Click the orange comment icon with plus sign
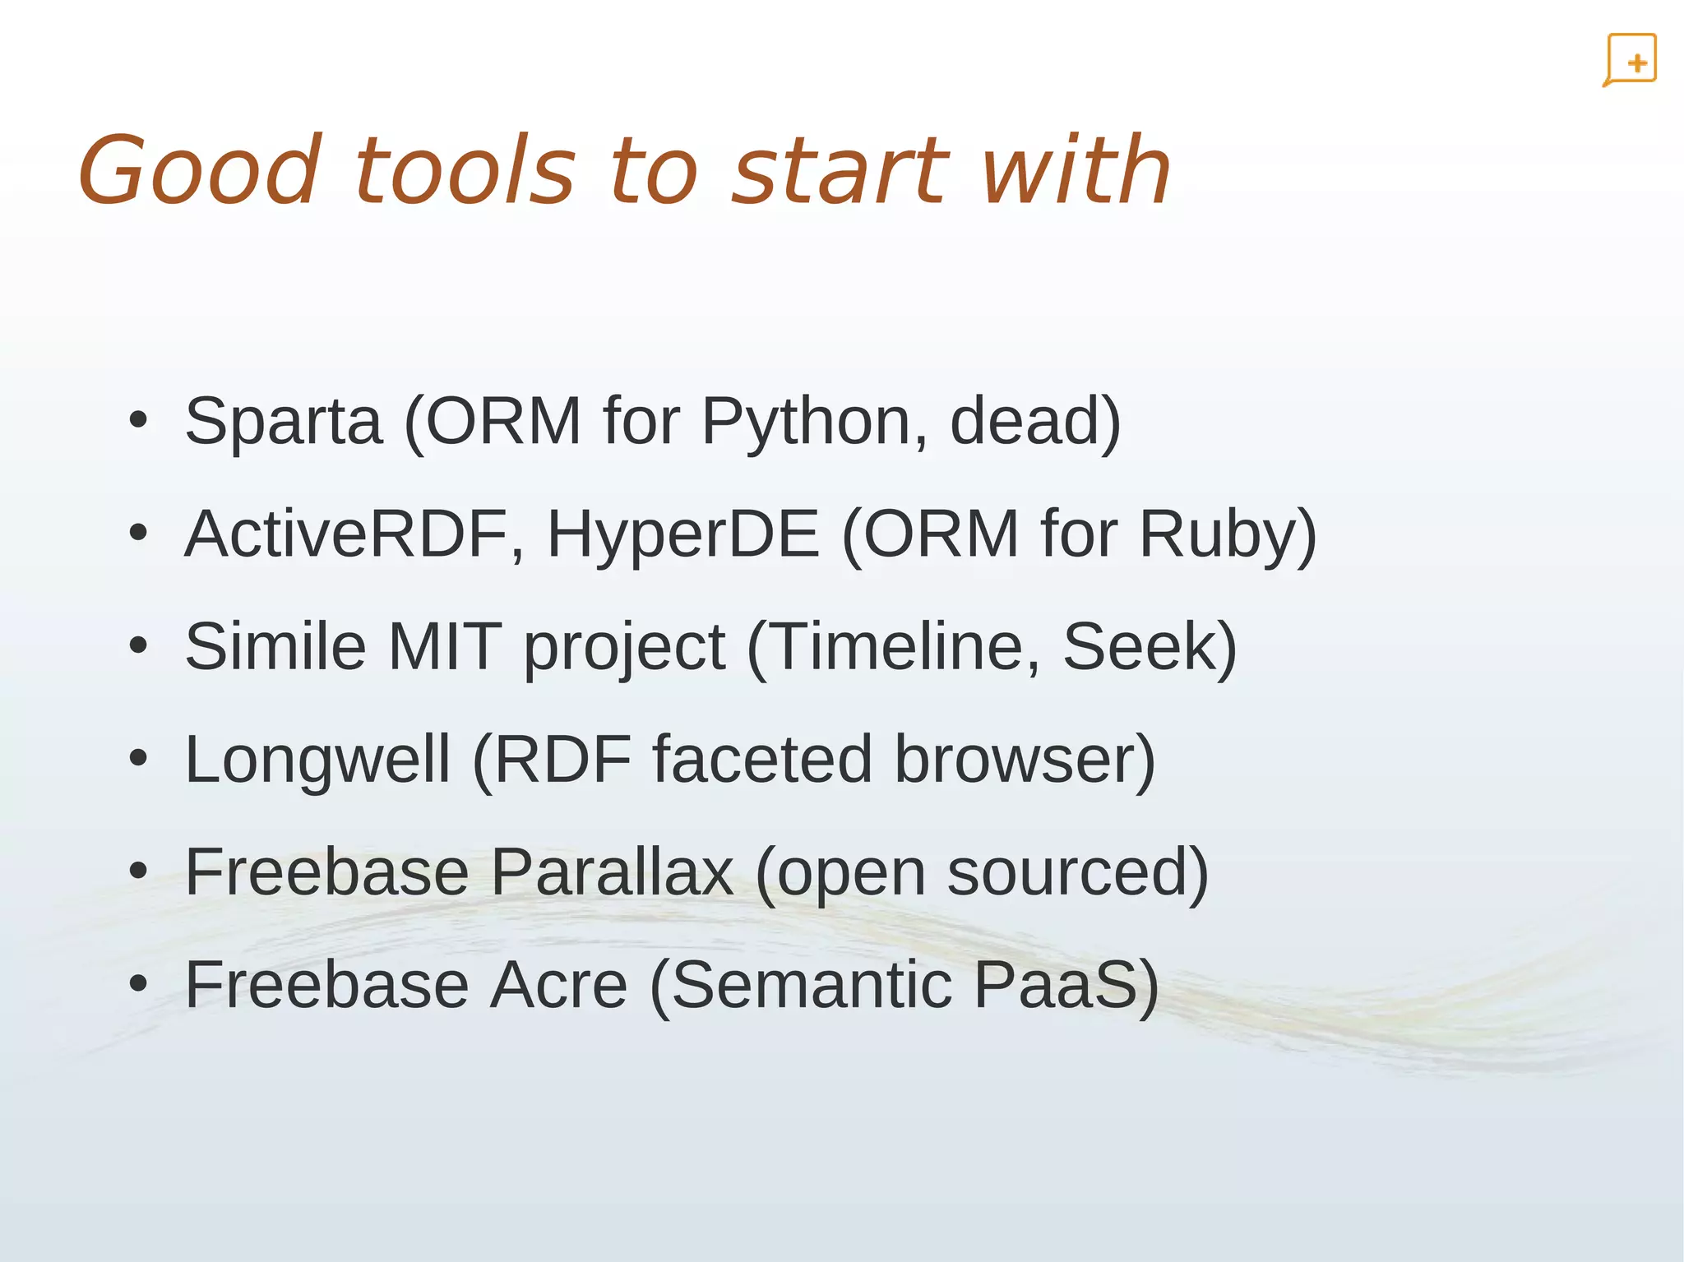tap(1630, 60)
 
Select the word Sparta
tap(284, 422)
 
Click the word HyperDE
tap(682, 534)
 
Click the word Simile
tap(275, 647)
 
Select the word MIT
tap(444, 647)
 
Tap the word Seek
tap(1139, 647)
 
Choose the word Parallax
tap(613, 872)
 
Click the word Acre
tap(559, 985)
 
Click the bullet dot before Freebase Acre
tap(138, 983)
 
